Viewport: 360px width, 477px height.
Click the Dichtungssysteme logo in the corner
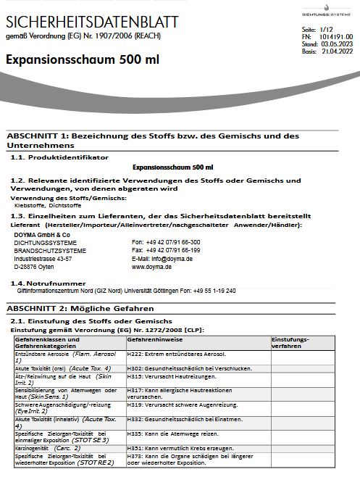pos(323,9)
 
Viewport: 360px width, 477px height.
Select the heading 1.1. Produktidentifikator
pos(59,157)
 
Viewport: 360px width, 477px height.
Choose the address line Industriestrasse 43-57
pos(43,258)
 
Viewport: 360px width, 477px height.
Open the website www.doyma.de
pos(151,266)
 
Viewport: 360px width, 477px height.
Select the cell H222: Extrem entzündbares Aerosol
pos(176,354)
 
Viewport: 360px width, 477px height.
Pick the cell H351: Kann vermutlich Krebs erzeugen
pos(177,449)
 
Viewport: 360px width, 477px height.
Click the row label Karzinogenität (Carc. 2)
pos(48,449)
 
